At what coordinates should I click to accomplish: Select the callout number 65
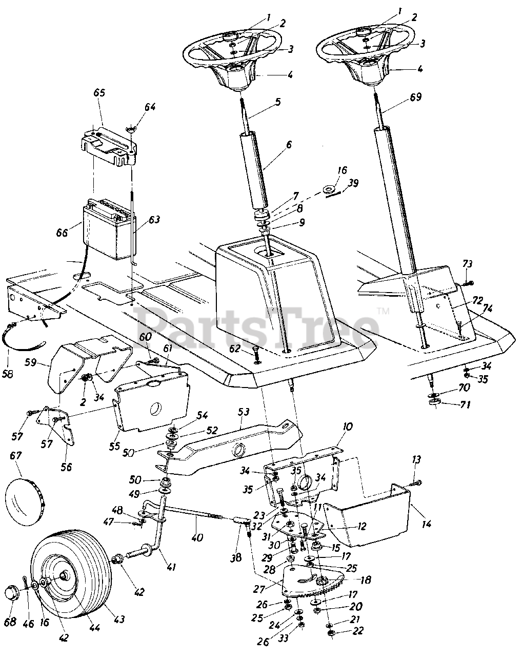click(x=99, y=93)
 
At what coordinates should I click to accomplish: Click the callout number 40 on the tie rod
click(x=197, y=538)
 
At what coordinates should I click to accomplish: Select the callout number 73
click(x=467, y=264)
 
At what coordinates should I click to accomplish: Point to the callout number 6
click(x=289, y=145)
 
